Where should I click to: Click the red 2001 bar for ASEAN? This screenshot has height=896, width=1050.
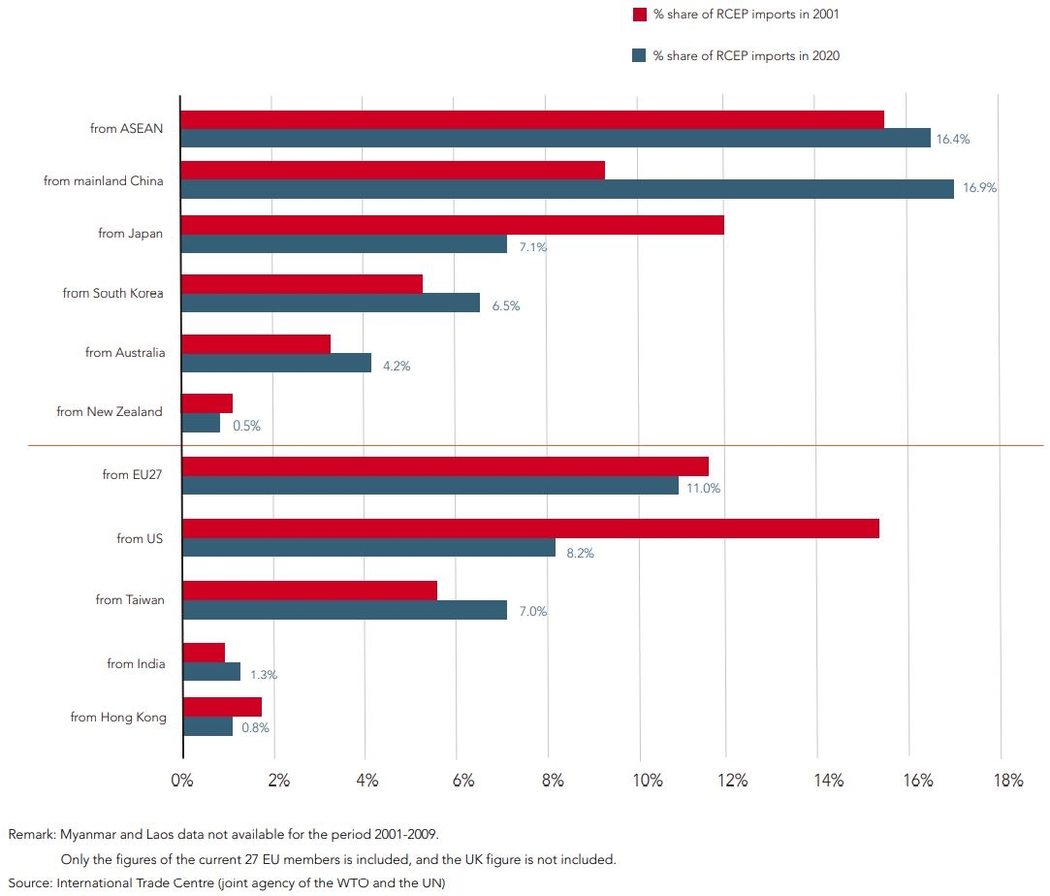pyautogui.click(x=532, y=119)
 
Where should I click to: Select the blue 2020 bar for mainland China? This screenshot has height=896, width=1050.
pyautogui.click(x=567, y=189)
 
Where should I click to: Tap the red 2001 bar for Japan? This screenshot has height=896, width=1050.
pyautogui.click(x=452, y=225)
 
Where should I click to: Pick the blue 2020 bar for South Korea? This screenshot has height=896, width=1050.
pyautogui.click(x=331, y=304)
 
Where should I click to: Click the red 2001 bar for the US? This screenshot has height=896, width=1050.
pyautogui.click(x=530, y=528)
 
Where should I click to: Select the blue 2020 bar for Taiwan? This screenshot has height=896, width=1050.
pyautogui.click(x=344, y=609)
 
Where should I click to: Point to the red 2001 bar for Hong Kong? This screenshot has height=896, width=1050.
pyautogui.click(x=222, y=706)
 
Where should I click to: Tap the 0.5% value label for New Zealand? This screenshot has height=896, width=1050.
pyautogui.click(x=246, y=426)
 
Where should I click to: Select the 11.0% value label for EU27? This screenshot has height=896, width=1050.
pyautogui.click(x=703, y=488)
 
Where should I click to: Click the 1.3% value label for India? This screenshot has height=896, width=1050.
pyautogui.click(x=265, y=674)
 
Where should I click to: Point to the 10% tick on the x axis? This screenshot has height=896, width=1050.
pyautogui.click(x=648, y=781)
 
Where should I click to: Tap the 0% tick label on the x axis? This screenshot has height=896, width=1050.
pyautogui.click(x=182, y=781)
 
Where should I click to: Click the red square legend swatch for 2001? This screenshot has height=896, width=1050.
pyautogui.click(x=639, y=15)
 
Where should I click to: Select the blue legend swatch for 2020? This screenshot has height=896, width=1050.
pyautogui.click(x=639, y=56)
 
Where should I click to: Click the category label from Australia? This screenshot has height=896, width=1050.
pyautogui.click(x=125, y=352)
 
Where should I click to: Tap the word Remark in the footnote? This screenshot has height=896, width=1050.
pyautogui.click(x=32, y=833)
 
